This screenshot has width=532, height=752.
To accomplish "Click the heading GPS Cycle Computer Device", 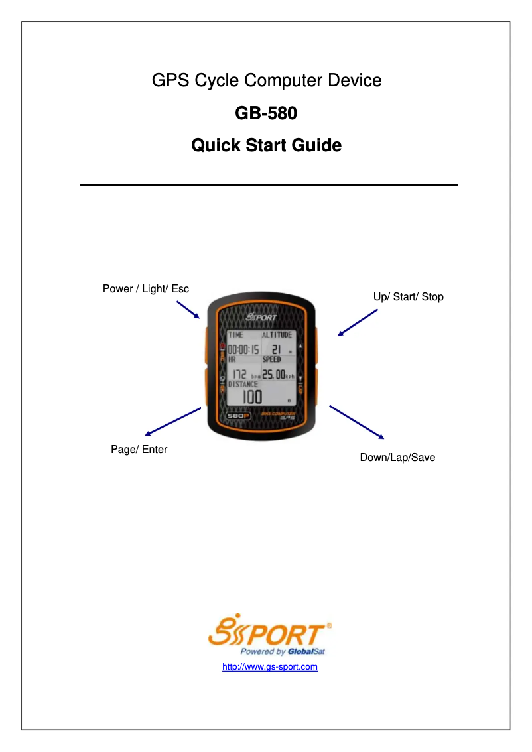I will pos(267,81).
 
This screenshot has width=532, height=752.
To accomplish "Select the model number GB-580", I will pos(266,113).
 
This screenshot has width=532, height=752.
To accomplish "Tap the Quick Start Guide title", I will pos(266,145).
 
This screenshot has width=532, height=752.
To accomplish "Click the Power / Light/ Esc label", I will pos(145,289).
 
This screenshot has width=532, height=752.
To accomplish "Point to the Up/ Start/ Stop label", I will pos(408,297).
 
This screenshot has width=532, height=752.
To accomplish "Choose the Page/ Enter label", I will pos(139,450).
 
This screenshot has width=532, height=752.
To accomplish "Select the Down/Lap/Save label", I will pos(397,458).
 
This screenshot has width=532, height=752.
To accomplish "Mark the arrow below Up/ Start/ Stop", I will pos(358,323).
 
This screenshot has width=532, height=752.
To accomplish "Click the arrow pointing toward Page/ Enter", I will pos(172,421).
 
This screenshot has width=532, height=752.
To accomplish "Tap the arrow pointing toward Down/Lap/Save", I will pos(356,422).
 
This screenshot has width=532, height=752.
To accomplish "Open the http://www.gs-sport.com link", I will pos(269,667).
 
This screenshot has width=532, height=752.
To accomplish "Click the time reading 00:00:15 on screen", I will pos(243,349).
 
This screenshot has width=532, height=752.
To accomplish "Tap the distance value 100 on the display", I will pos(251,397).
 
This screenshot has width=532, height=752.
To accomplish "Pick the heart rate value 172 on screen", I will pos(239,375).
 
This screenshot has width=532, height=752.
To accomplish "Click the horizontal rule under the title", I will pos(269,184).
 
